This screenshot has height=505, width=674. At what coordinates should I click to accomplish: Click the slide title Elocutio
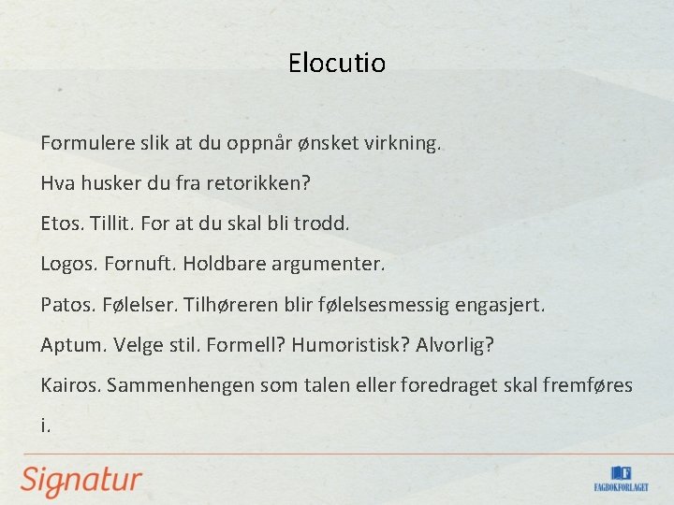[337, 64]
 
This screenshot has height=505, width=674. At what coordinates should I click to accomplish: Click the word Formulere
[82, 145]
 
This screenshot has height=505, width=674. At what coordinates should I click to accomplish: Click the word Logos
[68, 265]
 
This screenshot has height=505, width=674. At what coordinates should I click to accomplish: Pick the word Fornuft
[138, 265]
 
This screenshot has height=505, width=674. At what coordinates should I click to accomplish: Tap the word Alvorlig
[456, 345]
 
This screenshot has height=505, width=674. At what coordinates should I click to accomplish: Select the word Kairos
[70, 385]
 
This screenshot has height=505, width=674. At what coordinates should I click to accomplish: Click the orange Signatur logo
[82, 479]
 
